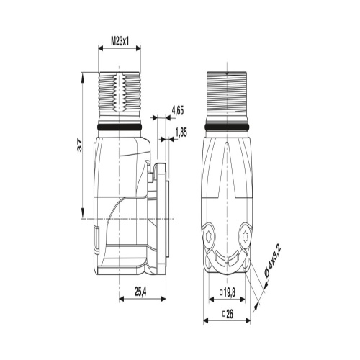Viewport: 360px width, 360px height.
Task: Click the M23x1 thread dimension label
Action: tap(120, 42)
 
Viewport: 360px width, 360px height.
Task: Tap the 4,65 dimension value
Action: tap(178, 111)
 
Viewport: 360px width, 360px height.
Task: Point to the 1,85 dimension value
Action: tap(181, 132)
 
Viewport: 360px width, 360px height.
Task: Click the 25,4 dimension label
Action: tap(140, 292)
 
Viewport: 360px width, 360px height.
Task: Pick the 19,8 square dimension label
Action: tap(228, 292)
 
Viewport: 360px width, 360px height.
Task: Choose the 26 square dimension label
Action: tap(228, 314)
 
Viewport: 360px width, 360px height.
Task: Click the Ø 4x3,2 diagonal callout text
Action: tap(272, 262)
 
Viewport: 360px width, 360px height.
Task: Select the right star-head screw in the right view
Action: tap(245, 236)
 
